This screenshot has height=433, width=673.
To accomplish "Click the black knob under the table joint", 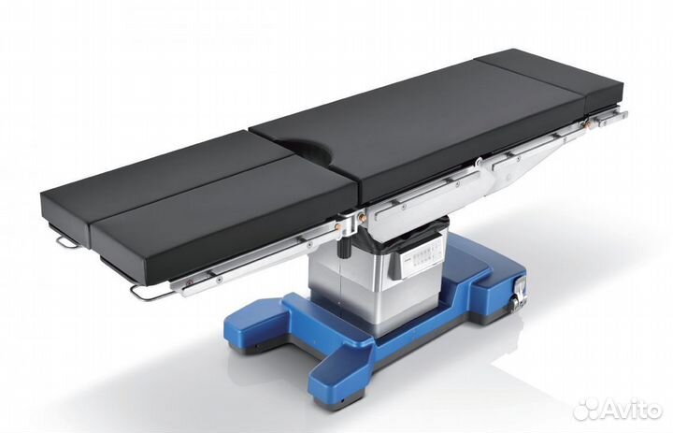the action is pos(344,248).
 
